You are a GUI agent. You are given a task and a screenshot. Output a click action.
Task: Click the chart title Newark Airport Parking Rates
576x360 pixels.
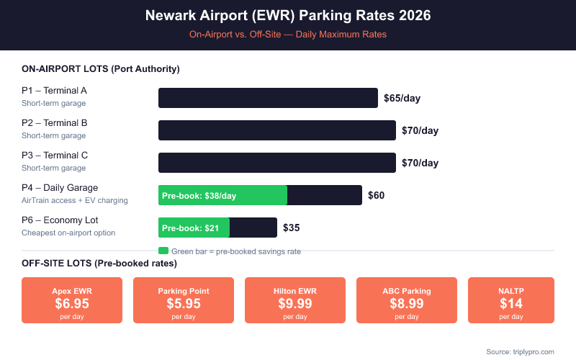288,16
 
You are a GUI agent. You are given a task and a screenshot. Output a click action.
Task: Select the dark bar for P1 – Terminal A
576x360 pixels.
268,98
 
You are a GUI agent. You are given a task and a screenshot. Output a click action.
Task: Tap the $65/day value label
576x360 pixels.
402,98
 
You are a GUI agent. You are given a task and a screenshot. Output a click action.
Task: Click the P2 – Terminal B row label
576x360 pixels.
55,123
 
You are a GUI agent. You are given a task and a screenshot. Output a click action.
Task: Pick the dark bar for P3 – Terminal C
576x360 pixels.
277,163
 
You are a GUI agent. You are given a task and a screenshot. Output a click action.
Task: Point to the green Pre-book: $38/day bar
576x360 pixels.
222,195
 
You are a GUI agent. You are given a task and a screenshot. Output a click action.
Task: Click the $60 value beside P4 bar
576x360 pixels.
376,195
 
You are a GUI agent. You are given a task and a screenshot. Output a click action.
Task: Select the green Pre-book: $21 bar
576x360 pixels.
194,228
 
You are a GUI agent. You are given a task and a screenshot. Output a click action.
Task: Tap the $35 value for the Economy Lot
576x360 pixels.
291,228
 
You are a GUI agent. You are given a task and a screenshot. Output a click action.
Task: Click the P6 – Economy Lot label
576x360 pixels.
60,220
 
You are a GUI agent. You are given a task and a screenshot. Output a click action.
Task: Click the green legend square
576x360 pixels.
163,251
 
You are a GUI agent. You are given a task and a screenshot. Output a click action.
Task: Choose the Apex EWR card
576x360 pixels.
72,300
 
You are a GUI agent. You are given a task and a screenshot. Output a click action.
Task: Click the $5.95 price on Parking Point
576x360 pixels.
184,303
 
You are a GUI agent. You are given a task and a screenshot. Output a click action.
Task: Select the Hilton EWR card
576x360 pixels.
295,300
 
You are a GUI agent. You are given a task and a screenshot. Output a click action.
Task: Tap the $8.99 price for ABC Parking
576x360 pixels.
407,303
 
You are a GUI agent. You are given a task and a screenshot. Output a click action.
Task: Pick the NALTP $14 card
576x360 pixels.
511,300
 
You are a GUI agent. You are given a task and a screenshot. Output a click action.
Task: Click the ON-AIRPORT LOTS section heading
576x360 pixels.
101,69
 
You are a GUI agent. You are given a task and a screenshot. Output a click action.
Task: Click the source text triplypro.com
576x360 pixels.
520,351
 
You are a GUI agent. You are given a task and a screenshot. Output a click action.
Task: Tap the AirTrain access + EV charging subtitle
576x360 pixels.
75,200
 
